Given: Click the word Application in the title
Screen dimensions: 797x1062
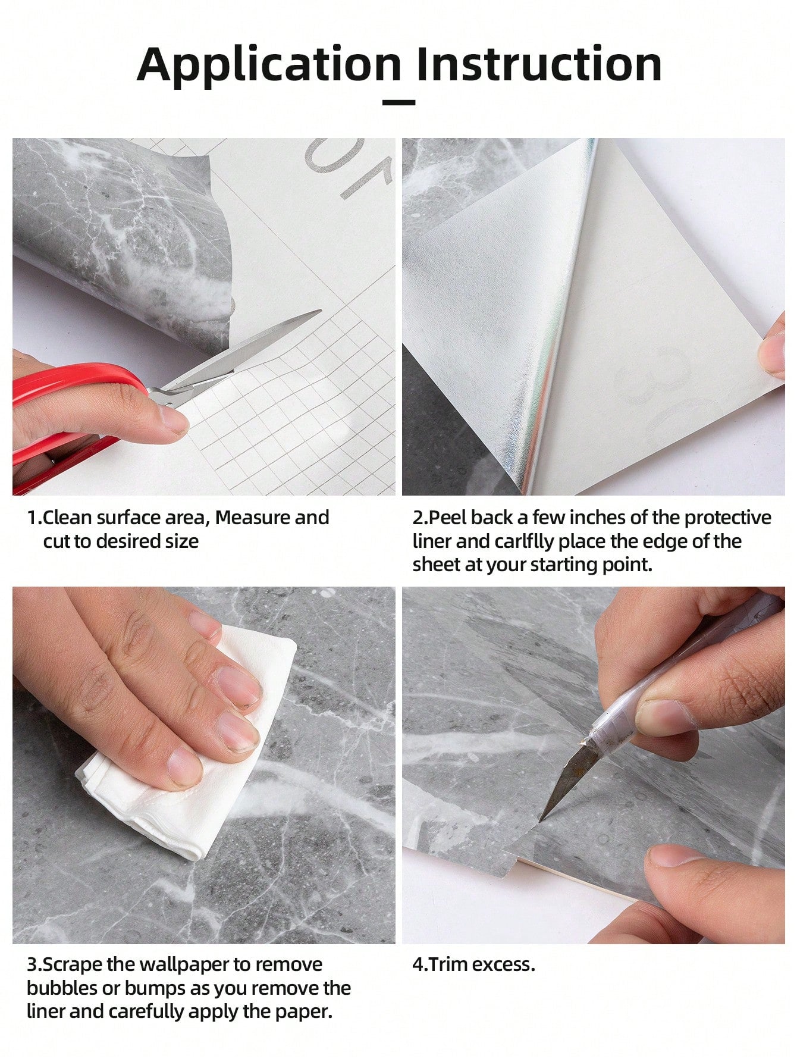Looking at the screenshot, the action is (269, 66).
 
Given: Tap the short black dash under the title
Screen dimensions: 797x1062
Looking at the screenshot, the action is (398, 103).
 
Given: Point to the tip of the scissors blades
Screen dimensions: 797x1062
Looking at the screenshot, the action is (321, 311).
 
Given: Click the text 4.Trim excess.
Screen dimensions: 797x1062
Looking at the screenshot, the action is (474, 964).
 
